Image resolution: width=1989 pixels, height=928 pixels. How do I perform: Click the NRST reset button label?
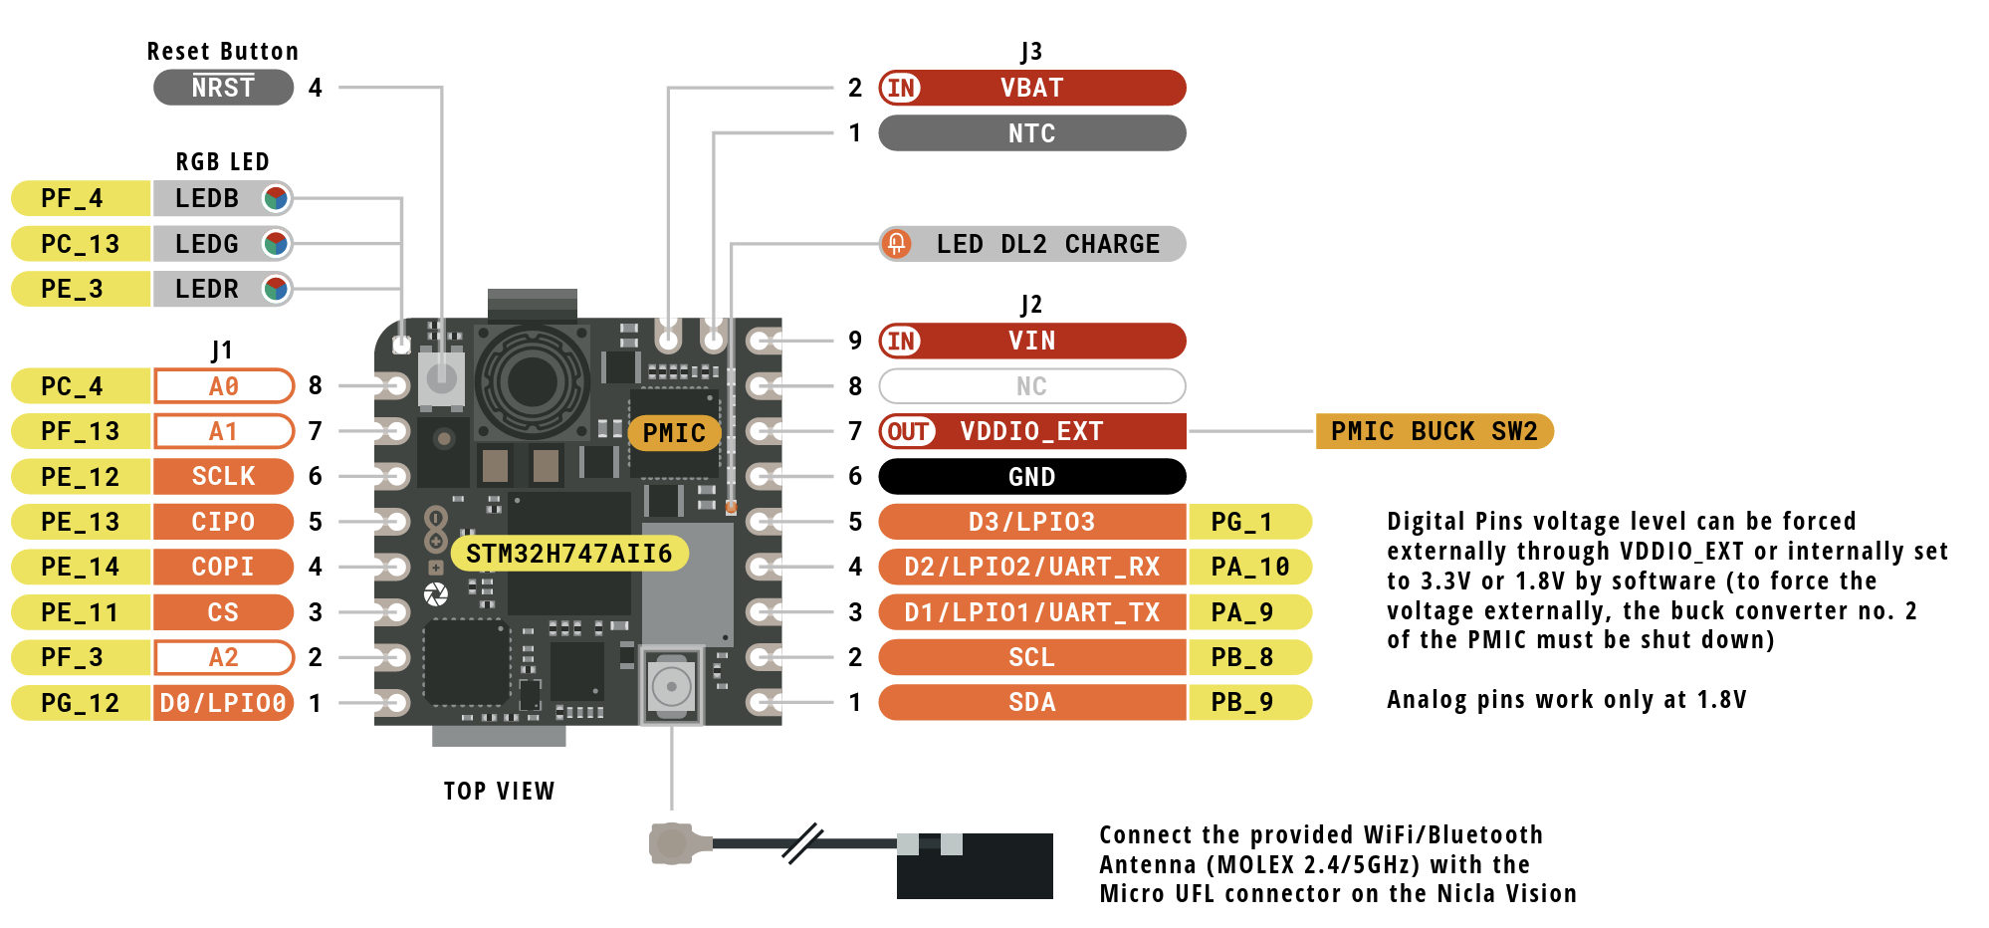(x=223, y=88)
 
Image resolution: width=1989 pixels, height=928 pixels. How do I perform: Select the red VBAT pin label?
(x=1031, y=88)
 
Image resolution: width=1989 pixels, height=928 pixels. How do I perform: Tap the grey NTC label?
(x=1031, y=133)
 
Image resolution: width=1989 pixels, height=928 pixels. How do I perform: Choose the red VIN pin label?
(x=1031, y=341)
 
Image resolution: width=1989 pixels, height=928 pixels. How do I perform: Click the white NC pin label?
(x=1031, y=386)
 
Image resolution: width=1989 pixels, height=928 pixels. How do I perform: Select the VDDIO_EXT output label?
(x=1031, y=431)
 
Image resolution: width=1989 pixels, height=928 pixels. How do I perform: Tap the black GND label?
(x=1031, y=477)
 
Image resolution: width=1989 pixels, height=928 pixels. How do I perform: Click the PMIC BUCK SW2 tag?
(x=1434, y=431)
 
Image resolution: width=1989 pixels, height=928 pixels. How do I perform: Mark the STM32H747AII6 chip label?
(x=568, y=554)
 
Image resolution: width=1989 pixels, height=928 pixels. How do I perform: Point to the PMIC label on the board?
(x=674, y=433)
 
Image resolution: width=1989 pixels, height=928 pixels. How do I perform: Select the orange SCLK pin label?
(x=223, y=477)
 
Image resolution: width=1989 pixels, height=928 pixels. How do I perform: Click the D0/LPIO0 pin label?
(x=223, y=703)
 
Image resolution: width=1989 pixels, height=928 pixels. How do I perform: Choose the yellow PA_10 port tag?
(x=1249, y=568)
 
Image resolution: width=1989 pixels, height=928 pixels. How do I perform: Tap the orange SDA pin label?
(x=1031, y=703)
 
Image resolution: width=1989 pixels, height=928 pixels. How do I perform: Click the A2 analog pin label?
(x=223, y=657)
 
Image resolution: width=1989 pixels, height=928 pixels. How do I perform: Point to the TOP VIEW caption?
(x=499, y=792)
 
